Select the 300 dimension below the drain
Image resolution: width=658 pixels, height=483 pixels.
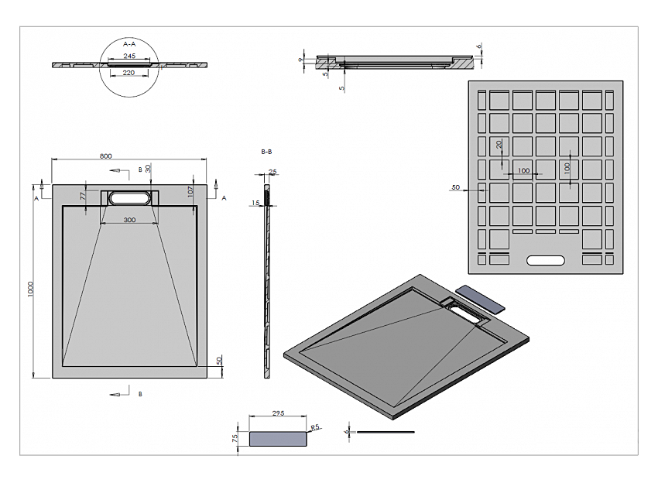pyautogui.click(x=129, y=221)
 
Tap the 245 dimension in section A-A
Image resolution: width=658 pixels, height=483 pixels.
pyautogui.click(x=130, y=57)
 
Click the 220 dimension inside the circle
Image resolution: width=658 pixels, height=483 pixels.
pyautogui.click(x=129, y=74)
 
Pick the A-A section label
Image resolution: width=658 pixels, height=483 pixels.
pyautogui.click(x=130, y=45)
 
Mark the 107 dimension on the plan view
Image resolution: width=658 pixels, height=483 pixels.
pyautogui.click(x=190, y=190)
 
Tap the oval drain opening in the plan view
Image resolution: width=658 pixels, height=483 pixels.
pyautogui.click(x=129, y=198)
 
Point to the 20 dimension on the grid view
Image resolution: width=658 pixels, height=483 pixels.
pyautogui.click(x=499, y=145)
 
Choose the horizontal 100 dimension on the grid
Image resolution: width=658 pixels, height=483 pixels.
pyautogui.click(x=524, y=170)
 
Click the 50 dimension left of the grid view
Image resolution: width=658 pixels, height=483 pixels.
pyautogui.click(x=455, y=187)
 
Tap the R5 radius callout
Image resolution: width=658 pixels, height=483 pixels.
pyautogui.click(x=314, y=427)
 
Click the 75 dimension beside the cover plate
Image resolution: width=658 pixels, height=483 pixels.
pyautogui.click(x=235, y=438)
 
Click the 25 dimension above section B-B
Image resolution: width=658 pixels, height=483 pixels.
pyautogui.click(x=272, y=172)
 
